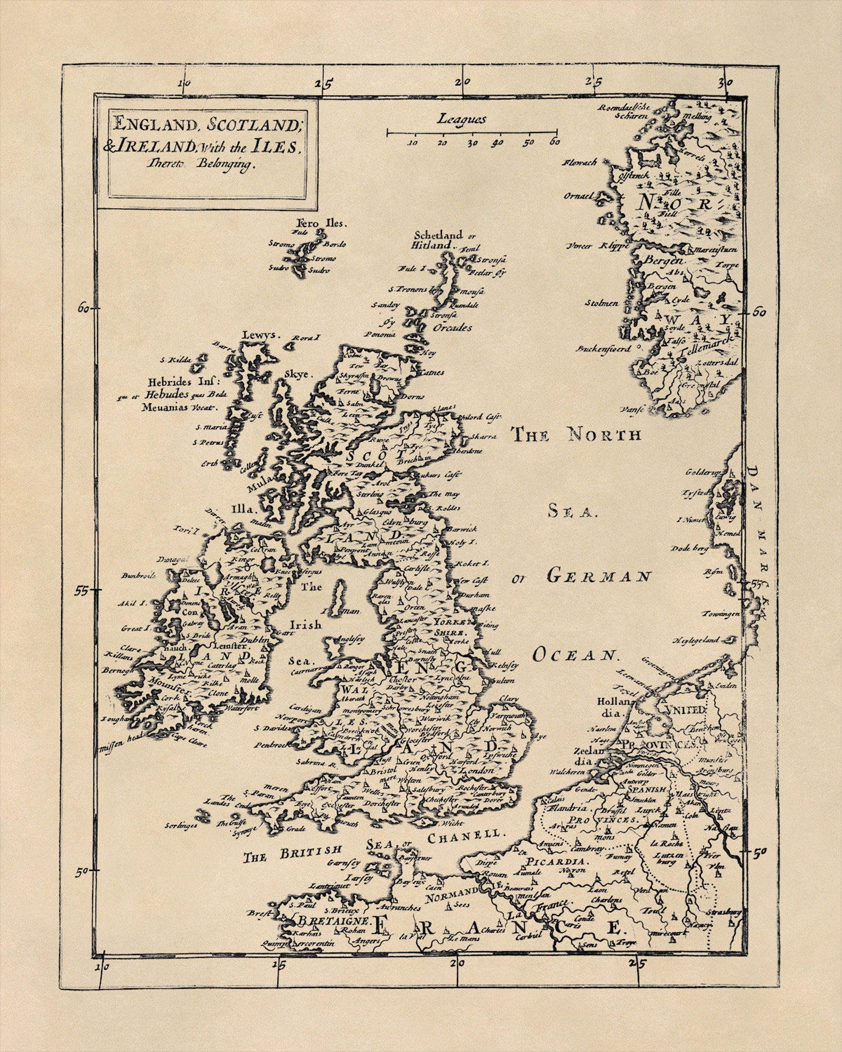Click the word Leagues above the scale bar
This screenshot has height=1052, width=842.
[x=461, y=119]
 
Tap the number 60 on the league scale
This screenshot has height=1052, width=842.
[x=555, y=142]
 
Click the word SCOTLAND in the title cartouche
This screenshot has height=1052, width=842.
[x=253, y=125]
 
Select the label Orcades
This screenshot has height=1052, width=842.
[x=452, y=328]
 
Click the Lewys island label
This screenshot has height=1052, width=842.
[x=259, y=335]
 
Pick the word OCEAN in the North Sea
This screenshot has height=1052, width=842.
[x=575, y=655]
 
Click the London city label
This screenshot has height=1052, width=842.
[x=477, y=771]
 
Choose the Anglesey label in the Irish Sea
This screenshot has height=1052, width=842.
[x=351, y=640]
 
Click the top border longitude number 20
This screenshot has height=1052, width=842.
[x=462, y=82]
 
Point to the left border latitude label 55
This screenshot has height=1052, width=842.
[x=81, y=590]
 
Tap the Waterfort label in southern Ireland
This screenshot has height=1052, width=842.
[x=241, y=708]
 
